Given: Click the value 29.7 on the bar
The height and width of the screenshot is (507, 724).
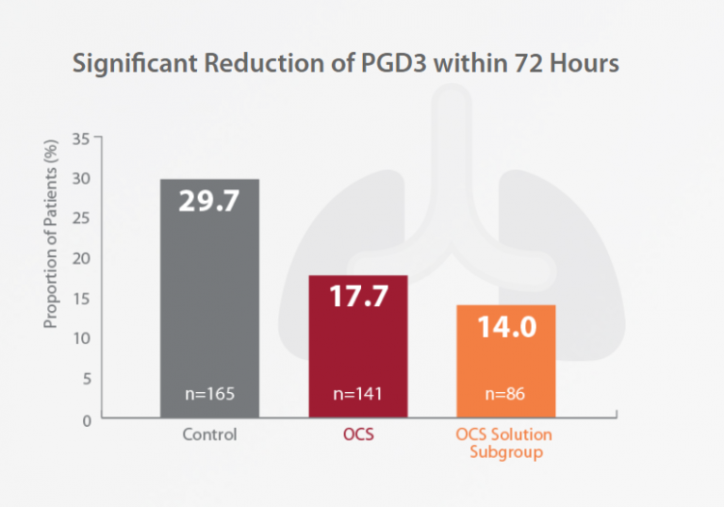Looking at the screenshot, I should (209, 201).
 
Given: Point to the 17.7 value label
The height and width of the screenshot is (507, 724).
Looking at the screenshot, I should (358, 296).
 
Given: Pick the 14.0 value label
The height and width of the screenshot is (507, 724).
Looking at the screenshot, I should (505, 326).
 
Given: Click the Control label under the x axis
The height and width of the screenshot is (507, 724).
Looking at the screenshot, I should (209, 435).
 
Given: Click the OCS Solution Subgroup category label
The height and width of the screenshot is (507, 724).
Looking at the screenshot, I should (504, 443).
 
